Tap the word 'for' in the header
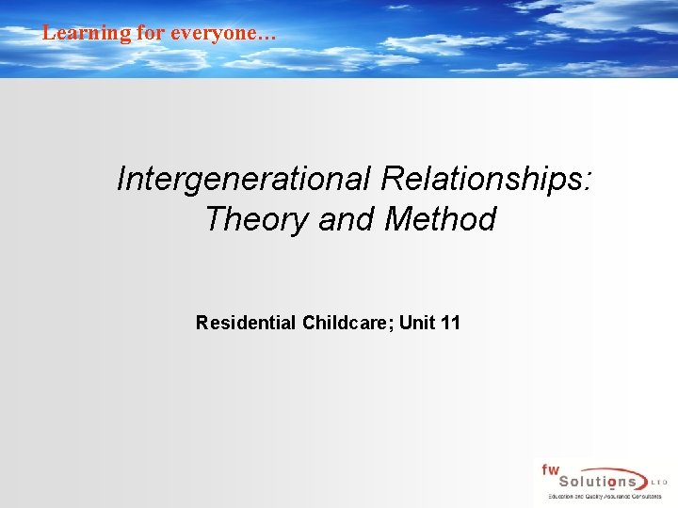point(151,33)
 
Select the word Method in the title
point(441,219)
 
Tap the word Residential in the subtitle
point(246,324)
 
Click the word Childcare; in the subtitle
point(348,324)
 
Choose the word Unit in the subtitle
point(416,324)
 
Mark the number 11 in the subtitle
point(450,324)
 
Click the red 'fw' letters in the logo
point(550,468)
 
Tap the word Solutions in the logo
point(592,482)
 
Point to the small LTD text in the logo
point(658,482)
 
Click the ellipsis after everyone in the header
point(267,36)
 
